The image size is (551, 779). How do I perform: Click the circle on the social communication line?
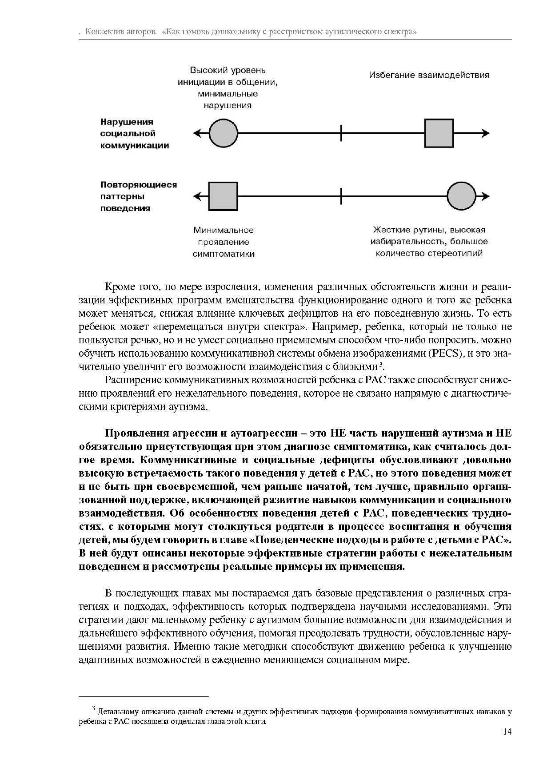(224, 133)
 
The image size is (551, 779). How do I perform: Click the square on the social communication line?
(439, 133)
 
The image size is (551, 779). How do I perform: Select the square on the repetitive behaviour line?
(223, 196)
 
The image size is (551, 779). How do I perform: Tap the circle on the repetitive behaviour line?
(461, 196)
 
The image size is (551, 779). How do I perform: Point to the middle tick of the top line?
(341, 133)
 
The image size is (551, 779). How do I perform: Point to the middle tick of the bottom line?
(341, 196)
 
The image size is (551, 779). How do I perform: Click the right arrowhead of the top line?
(486, 133)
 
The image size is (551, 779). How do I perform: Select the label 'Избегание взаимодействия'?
(429, 75)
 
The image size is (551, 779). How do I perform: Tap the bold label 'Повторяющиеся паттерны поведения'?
(138, 196)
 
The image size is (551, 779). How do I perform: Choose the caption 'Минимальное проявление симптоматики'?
(224, 242)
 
